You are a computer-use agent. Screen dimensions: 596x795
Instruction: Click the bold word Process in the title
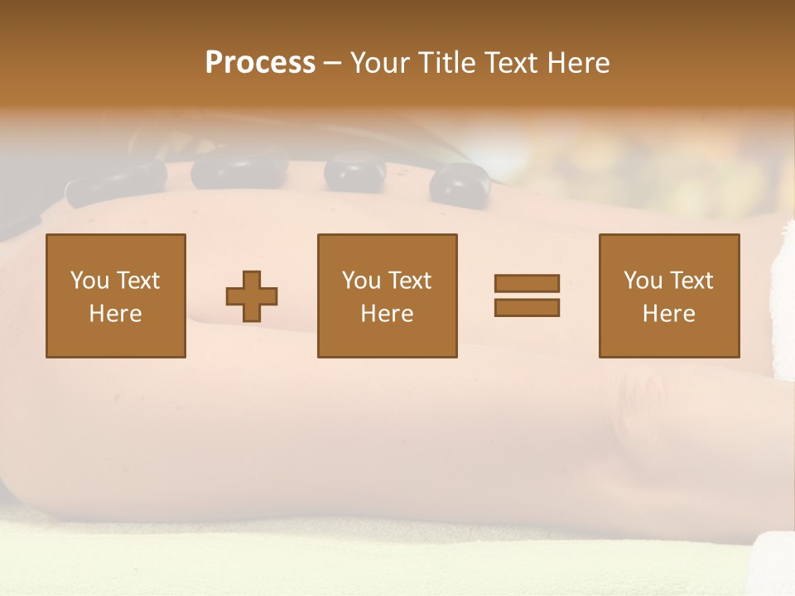260,63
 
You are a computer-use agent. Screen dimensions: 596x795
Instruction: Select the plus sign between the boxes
252,296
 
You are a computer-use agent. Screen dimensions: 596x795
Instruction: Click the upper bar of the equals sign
527,283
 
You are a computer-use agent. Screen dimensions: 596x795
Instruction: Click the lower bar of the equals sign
527,307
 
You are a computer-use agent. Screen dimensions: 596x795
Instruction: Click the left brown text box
116,296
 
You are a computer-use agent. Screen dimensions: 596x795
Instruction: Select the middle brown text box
387,296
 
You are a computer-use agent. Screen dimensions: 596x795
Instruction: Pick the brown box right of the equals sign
669,296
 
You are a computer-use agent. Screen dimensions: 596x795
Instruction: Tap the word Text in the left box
137,281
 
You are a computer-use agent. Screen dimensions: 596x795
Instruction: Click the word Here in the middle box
387,314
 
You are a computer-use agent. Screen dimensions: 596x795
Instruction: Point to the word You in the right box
643,281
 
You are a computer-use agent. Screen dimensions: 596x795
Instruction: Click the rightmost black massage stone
460,183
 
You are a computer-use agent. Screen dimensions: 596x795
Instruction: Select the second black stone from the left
238,169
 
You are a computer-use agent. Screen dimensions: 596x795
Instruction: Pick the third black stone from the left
354,171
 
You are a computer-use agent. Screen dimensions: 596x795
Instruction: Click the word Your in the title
381,63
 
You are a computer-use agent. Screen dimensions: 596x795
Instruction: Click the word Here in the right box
668,314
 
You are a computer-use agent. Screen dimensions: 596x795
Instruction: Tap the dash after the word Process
333,63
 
